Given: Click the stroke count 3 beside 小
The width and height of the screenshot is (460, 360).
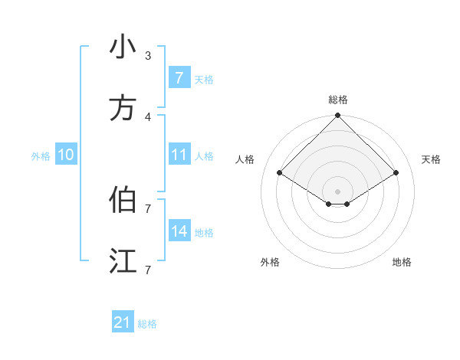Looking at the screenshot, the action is pyautogui.click(x=148, y=55).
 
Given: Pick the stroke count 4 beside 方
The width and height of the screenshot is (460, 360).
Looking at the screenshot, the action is pyautogui.click(x=148, y=116).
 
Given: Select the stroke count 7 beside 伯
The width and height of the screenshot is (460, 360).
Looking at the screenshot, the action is pyautogui.click(x=148, y=208).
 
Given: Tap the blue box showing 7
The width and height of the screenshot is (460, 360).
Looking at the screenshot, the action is pyautogui.click(x=179, y=78).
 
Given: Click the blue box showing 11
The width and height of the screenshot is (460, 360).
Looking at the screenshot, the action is pyautogui.click(x=179, y=155).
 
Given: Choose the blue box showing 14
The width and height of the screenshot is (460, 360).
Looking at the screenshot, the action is pyautogui.click(x=179, y=231).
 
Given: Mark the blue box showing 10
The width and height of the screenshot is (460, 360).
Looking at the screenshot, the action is pyautogui.click(x=66, y=155).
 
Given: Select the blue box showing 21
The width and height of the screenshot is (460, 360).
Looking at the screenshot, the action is pyautogui.click(x=123, y=323).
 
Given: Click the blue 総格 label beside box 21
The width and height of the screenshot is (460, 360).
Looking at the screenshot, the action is pyautogui.click(x=147, y=324).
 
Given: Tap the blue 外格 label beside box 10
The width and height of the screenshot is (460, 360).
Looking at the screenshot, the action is pyautogui.click(x=41, y=156).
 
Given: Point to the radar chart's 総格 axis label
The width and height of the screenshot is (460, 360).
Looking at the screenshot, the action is pyautogui.click(x=338, y=100).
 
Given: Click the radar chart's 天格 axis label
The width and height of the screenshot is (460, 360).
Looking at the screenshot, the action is pyautogui.click(x=431, y=159).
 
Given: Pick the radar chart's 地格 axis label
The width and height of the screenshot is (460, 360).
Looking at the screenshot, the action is pyautogui.click(x=402, y=262).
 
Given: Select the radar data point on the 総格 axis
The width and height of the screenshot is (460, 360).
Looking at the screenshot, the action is pyautogui.click(x=338, y=116).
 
